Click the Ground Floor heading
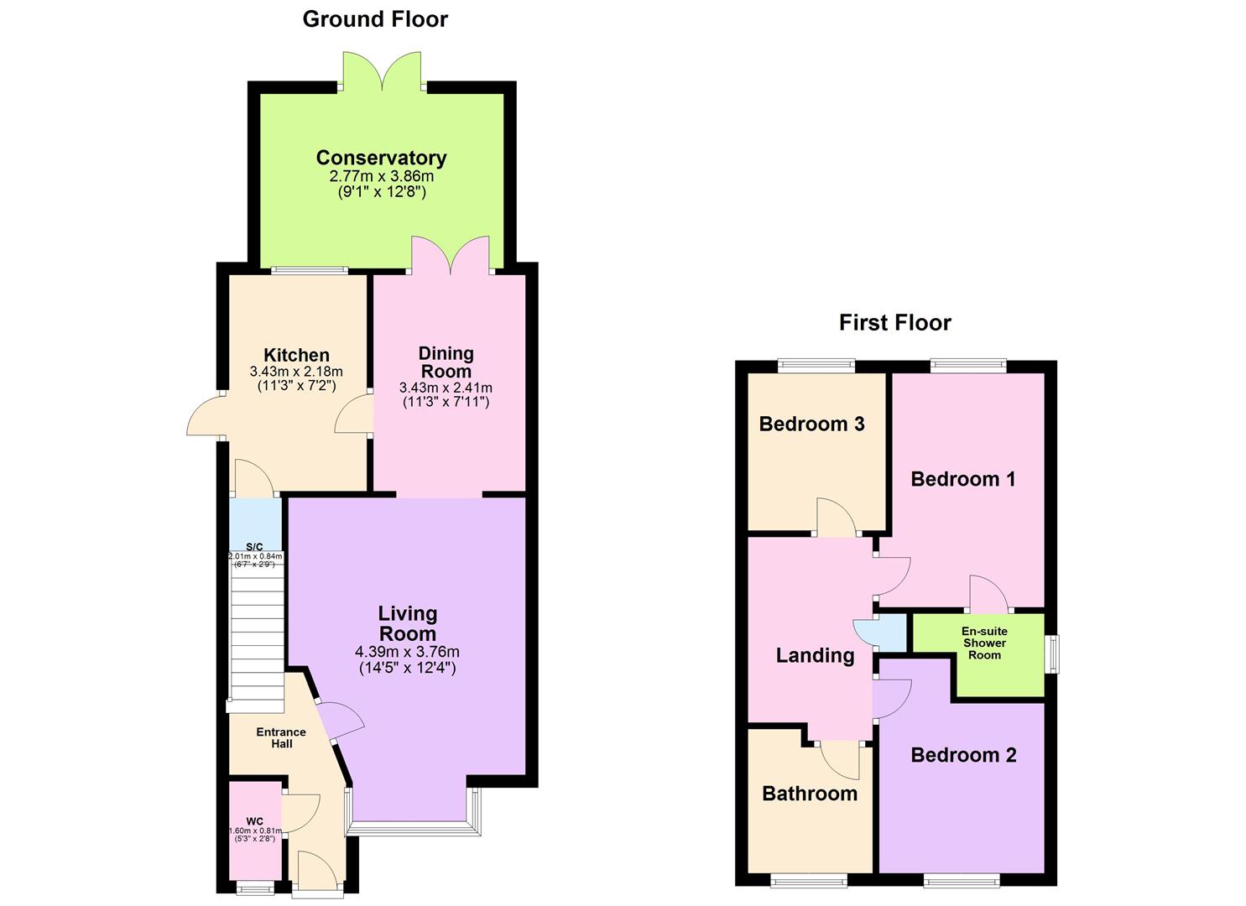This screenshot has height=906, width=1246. [x=375, y=19]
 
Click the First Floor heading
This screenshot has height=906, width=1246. [x=894, y=323]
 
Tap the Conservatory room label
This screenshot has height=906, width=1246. [x=381, y=158]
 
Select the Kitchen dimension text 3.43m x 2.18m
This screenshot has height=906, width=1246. [x=296, y=372]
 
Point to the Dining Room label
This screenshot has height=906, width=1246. [x=446, y=362]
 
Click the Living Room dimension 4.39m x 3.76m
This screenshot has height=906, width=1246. [x=407, y=652]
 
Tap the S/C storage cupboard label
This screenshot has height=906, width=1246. [x=254, y=547]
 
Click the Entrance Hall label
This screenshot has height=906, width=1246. [x=281, y=737]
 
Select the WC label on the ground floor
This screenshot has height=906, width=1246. [x=254, y=821]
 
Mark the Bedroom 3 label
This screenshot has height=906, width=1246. [x=811, y=424]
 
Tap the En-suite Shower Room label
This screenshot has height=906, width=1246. [x=984, y=643]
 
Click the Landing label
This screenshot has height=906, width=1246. [x=815, y=656]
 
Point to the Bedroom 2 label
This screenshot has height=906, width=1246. [x=963, y=755]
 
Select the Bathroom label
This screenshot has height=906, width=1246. [x=810, y=794]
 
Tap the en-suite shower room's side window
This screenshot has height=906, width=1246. [x=1052, y=653]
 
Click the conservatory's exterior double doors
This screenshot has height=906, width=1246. [x=382, y=71]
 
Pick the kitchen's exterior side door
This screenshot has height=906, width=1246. [x=204, y=414]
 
